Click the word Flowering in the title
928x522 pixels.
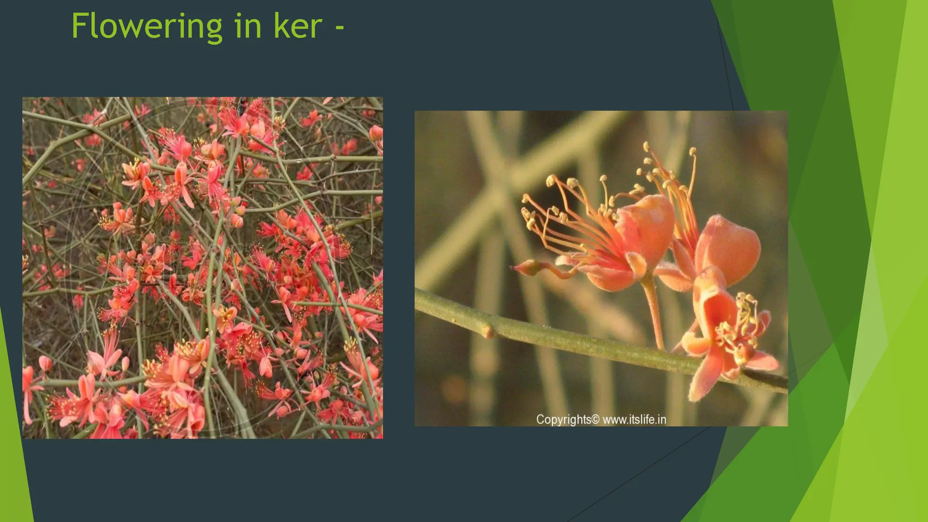146,26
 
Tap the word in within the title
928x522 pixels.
248,26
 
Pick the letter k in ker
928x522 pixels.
280,26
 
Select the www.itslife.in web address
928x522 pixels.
634,420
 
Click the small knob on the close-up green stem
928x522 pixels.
488,333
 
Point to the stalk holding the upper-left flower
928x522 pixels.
653,313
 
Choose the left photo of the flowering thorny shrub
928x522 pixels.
202,267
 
